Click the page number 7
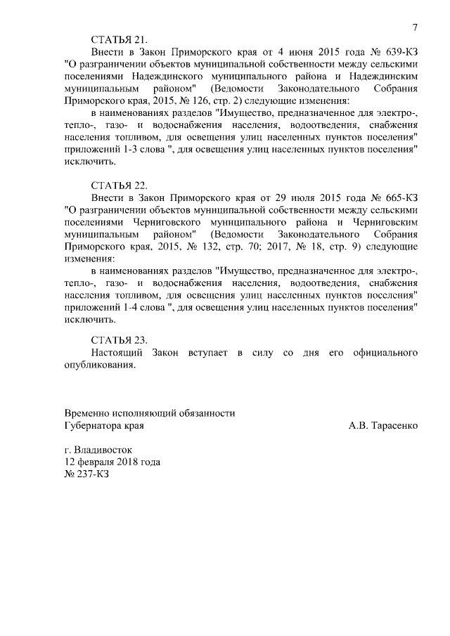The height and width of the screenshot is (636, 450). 415,27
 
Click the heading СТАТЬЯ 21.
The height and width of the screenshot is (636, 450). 120,39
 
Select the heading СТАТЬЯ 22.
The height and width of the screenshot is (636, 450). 120,186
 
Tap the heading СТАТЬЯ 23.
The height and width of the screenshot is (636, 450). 120,339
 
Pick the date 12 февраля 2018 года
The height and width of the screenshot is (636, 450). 112,462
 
